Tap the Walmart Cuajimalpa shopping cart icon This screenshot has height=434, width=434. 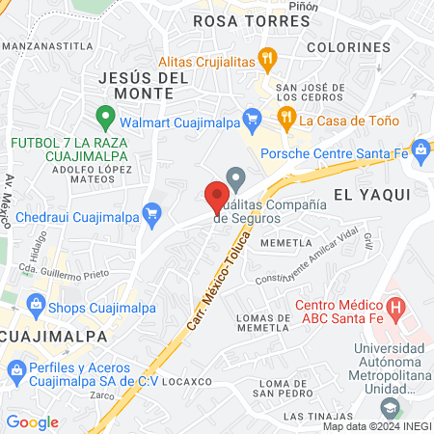click(x=251, y=120)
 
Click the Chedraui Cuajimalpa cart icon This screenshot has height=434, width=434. click(x=150, y=212)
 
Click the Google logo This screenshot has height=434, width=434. click(x=32, y=422)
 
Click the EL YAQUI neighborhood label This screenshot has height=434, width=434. click(x=372, y=194)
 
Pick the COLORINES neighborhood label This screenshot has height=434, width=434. click(x=348, y=46)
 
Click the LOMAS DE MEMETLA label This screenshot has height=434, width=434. click(x=263, y=323)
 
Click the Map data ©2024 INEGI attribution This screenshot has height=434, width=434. click(x=376, y=425)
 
